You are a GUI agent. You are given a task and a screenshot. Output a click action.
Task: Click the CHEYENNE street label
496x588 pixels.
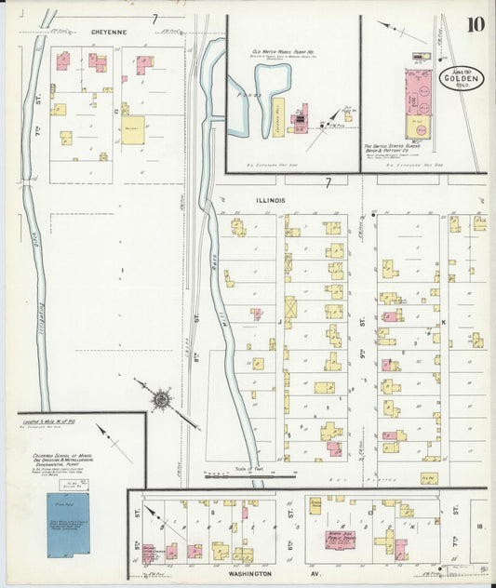(108, 31)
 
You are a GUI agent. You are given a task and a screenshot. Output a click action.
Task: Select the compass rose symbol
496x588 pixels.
(160, 399)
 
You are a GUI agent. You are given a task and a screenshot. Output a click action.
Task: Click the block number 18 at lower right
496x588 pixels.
(478, 528)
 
